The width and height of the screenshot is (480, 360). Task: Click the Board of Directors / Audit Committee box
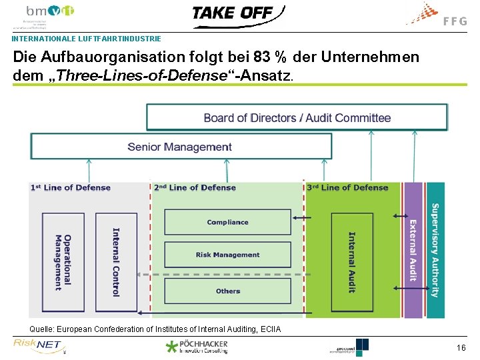click(x=297, y=118)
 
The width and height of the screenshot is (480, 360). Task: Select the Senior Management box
click(x=181, y=147)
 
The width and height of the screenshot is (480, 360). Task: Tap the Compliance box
click(x=227, y=222)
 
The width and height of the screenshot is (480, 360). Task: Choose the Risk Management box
click(x=227, y=255)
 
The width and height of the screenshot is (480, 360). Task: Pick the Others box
click(x=227, y=291)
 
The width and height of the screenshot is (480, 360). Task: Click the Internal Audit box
click(x=352, y=262)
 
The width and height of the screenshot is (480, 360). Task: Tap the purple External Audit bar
click(x=413, y=250)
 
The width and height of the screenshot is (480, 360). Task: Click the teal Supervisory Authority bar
click(x=435, y=250)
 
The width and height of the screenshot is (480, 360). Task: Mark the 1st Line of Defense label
click(x=71, y=188)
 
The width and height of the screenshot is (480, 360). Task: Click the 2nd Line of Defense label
click(x=195, y=188)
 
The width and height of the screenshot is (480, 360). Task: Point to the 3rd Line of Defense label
click(x=347, y=188)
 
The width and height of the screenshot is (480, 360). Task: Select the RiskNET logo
click(x=38, y=345)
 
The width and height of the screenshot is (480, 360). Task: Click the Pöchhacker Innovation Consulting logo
click(x=197, y=346)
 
